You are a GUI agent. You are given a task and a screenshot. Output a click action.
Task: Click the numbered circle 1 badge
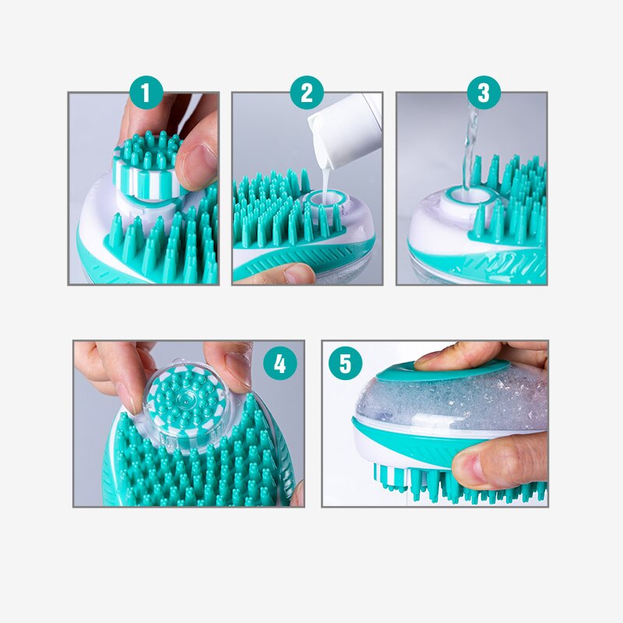tap(146, 93)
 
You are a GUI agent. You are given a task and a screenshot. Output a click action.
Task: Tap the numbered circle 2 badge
tap(307, 93)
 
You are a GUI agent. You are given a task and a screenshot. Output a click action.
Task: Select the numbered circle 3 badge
tap(484, 93)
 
